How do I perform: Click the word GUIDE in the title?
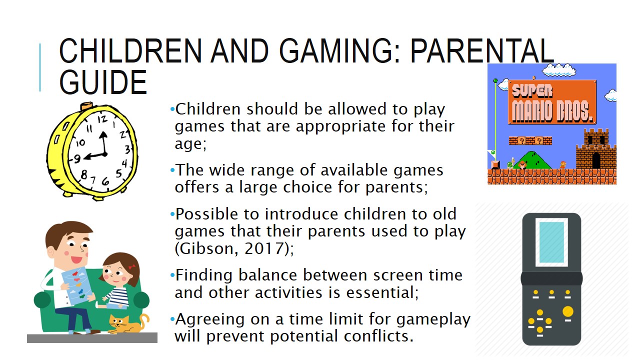(103, 82)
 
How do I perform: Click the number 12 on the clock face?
(102, 119)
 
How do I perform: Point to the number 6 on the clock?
(105, 181)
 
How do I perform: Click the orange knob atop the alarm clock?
(86, 106)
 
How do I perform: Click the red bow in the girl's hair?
(131, 267)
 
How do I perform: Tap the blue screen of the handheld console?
(551, 242)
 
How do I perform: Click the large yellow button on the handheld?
(567, 311)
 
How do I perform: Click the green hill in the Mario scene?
(532, 160)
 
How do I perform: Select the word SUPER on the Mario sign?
(532, 91)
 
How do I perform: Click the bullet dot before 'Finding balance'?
(172, 275)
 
